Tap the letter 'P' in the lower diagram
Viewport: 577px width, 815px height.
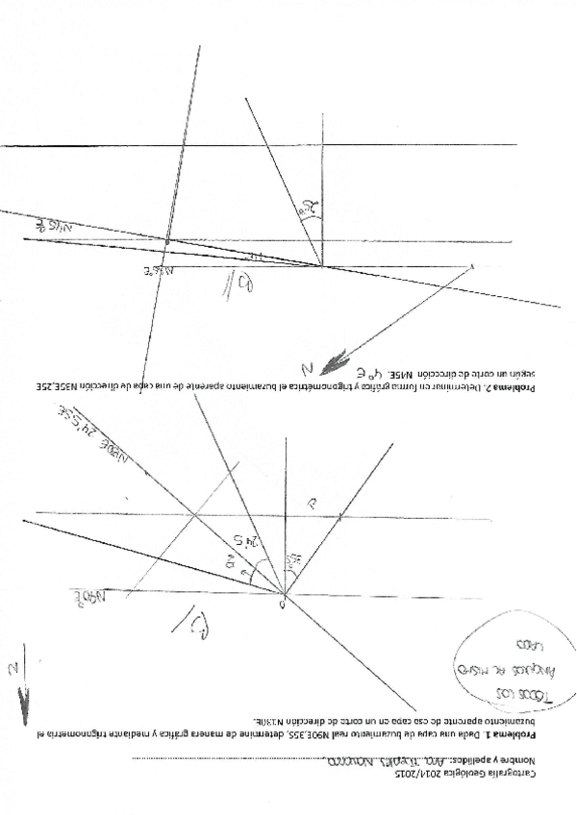tap(312, 503)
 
